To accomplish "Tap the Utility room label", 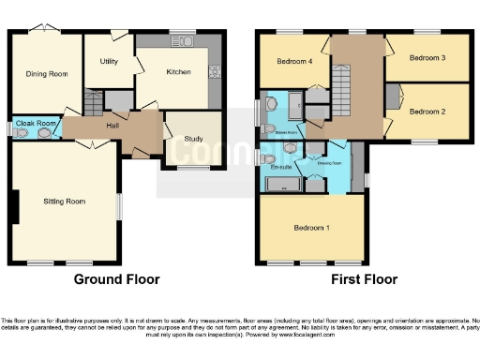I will (108, 61).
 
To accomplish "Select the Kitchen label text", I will (178, 71).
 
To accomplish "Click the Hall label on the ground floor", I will (112, 124).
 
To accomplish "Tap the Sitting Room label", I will (65, 201).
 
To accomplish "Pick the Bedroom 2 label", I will (427, 111).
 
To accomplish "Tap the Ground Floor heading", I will (116, 279).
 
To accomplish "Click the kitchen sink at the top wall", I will (180, 42).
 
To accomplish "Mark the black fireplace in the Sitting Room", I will (14, 206).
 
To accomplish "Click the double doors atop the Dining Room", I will (44, 31).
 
